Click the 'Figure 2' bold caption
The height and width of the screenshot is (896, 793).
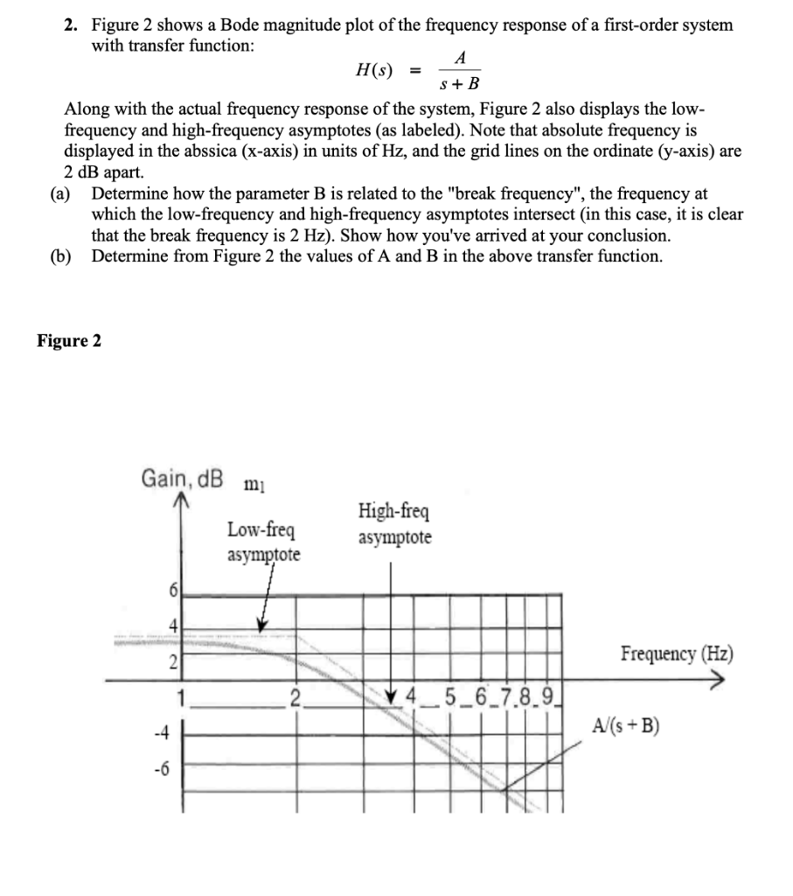(x=69, y=341)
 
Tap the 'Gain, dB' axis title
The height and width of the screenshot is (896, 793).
(x=181, y=479)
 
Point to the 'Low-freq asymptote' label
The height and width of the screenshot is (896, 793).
(x=262, y=542)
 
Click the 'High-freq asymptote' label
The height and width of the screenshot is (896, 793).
(x=393, y=523)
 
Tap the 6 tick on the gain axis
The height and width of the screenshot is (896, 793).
(x=172, y=591)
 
